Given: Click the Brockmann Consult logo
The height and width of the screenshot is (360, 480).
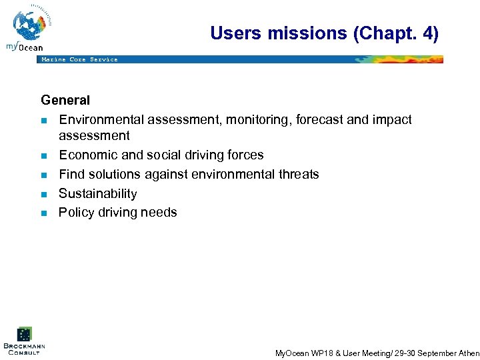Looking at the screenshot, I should [x=24, y=341].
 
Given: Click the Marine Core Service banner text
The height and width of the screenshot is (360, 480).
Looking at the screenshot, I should [x=79, y=59].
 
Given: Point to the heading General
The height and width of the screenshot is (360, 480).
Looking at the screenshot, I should [x=65, y=101].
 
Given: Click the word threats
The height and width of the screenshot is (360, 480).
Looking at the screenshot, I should [x=298, y=174].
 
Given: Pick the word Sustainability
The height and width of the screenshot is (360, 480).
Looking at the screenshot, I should [x=97, y=193].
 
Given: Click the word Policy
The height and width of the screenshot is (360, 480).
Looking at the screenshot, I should [x=76, y=213].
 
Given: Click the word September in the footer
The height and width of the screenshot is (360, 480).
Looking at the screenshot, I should [x=429, y=353].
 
